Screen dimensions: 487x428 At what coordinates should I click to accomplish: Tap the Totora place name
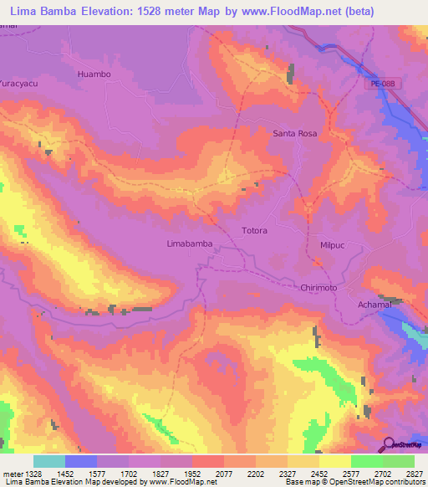[x=254, y=230]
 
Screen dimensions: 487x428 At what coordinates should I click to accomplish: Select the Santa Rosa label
[x=296, y=133]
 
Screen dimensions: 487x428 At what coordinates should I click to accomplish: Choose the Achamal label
[x=374, y=306]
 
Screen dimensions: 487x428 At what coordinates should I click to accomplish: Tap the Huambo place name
[x=94, y=74]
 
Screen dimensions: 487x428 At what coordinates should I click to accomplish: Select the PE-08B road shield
[x=379, y=84]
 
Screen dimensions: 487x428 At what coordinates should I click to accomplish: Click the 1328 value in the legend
[x=34, y=473]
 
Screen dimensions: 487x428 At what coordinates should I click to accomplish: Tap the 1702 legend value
[x=127, y=473]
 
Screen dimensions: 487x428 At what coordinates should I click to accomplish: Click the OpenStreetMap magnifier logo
[x=387, y=443]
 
